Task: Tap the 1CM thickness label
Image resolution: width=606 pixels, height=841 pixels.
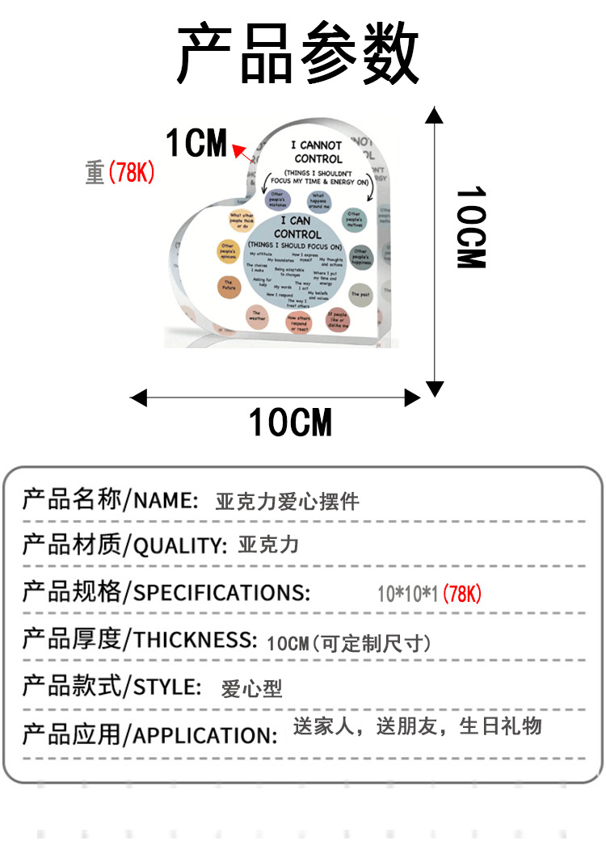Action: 196,143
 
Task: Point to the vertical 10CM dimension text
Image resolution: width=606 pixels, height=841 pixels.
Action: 470,228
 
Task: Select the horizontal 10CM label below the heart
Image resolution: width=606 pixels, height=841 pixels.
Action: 290,423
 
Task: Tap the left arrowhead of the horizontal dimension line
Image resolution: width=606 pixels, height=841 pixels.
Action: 139,397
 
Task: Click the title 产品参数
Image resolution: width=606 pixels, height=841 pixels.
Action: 298,55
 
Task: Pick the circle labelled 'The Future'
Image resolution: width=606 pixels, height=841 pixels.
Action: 229,285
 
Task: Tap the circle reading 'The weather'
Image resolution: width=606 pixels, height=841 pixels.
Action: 257,316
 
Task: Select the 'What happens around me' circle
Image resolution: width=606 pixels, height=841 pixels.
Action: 318,200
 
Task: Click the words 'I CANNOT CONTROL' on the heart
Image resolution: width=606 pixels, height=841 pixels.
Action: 318,152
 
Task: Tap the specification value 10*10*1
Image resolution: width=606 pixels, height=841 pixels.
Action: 408,595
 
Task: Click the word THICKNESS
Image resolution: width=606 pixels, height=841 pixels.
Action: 195,640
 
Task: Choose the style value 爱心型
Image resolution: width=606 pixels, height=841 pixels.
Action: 251,689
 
